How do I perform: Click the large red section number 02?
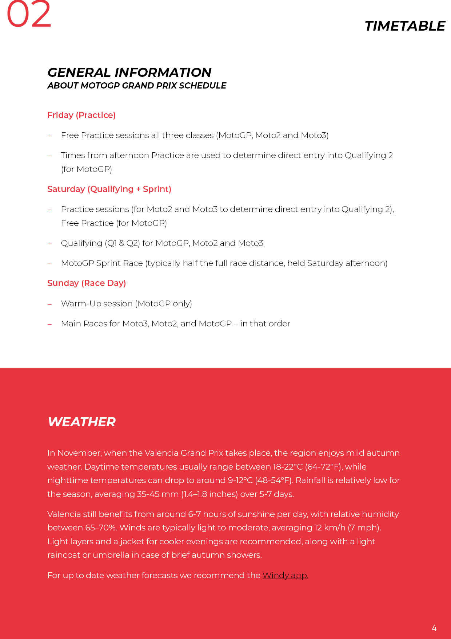pyautogui.click(x=29, y=15)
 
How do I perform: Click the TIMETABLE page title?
pyautogui.click(x=404, y=26)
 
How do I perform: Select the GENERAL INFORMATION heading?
pyautogui.click(x=129, y=72)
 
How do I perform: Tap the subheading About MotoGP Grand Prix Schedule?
pyautogui.click(x=136, y=86)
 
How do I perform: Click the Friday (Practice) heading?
pyautogui.click(x=81, y=115)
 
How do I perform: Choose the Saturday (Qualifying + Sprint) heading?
pyautogui.click(x=109, y=189)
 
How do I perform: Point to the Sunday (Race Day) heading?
pyautogui.click(x=87, y=283)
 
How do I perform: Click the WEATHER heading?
pyautogui.click(x=81, y=422)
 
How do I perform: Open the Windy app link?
pyautogui.click(x=285, y=575)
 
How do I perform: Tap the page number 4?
pyautogui.click(x=434, y=628)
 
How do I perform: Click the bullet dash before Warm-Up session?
pyautogui.click(x=50, y=304)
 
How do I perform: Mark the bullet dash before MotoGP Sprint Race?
pyautogui.click(x=50, y=263)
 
